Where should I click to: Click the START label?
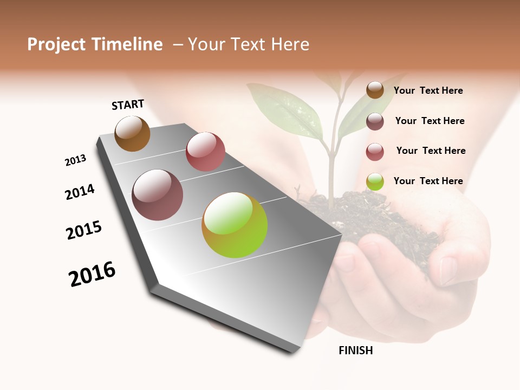[x=128, y=105]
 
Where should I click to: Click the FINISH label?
[x=355, y=350]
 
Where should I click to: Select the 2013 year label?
[x=75, y=160]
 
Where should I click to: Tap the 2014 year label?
[x=80, y=192]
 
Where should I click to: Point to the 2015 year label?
[x=84, y=230]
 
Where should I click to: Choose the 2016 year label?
[x=92, y=274]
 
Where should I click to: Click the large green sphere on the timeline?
[x=235, y=225]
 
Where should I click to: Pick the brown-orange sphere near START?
[x=132, y=133]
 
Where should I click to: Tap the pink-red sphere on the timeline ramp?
[x=205, y=152]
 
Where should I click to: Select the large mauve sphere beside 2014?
[x=158, y=195]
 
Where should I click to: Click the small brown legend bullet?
[x=375, y=90]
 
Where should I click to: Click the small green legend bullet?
[x=375, y=181]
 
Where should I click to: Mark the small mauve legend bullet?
[x=375, y=121]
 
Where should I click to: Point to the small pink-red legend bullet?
[x=375, y=152]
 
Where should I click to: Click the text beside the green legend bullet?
[x=428, y=181]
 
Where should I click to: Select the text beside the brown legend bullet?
[x=428, y=90]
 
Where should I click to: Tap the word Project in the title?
[x=56, y=44]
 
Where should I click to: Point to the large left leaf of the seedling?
[x=284, y=108]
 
